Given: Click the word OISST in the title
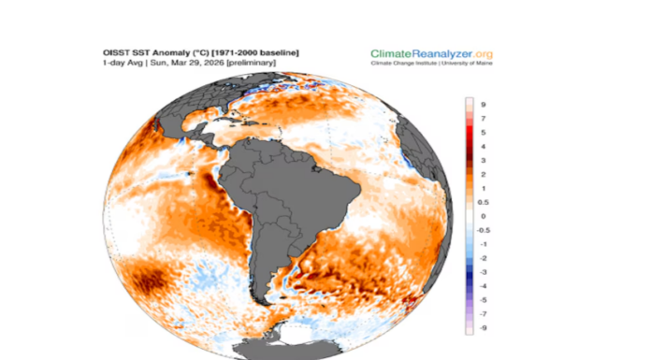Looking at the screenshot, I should click(x=115, y=52).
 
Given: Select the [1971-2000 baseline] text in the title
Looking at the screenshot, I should click(x=254, y=52).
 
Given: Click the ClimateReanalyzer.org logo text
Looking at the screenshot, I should click(x=431, y=53).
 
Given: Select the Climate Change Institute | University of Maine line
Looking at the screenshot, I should click(x=431, y=65).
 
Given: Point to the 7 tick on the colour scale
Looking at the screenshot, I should click(x=484, y=120).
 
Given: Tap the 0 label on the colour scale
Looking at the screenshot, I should click(x=484, y=216).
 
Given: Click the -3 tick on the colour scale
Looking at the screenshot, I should click(x=485, y=271).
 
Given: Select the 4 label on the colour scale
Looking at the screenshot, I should click(x=484, y=147).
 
